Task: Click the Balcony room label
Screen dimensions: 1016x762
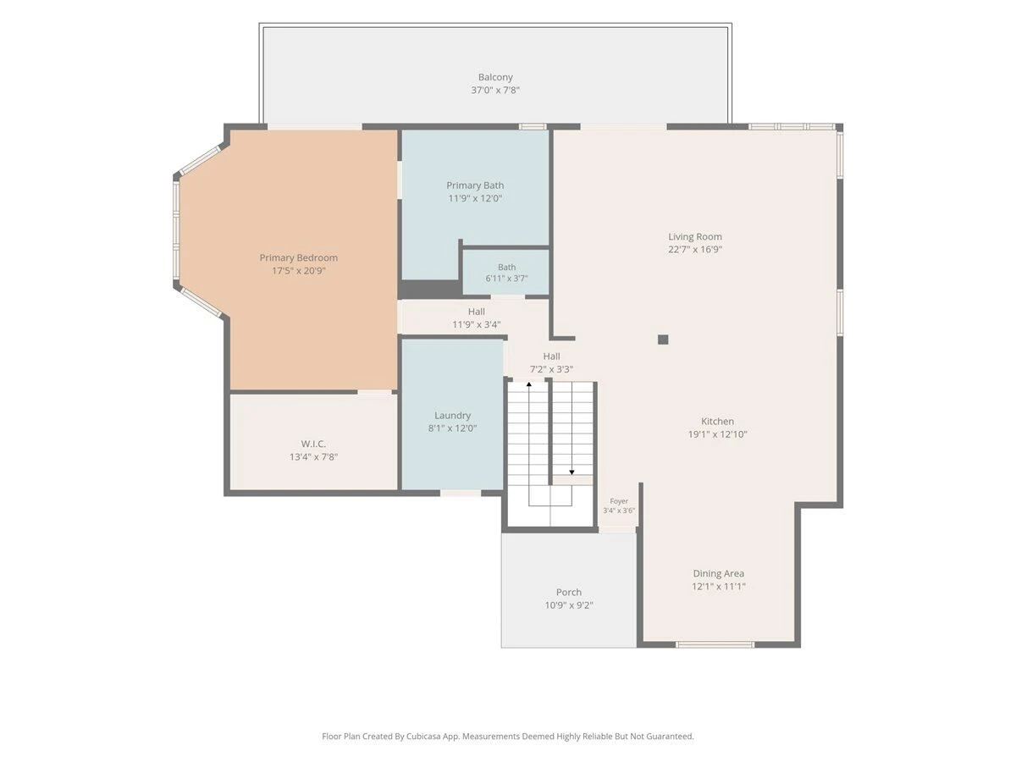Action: (x=494, y=77)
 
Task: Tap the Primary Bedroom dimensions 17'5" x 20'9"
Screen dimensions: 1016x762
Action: (x=299, y=271)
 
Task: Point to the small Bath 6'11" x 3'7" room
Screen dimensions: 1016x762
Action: (x=506, y=273)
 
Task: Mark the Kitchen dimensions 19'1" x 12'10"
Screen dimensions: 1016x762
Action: (x=717, y=434)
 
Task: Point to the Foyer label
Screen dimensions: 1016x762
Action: (x=619, y=501)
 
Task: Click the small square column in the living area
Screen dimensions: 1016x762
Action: (x=663, y=340)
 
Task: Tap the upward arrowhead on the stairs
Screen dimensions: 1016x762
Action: (x=528, y=384)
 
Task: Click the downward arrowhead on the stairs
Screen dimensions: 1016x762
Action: (x=571, y=472)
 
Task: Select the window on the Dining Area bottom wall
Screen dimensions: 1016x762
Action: (x=715, y=644)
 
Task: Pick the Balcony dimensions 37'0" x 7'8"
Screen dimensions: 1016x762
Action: (x=494, y=91)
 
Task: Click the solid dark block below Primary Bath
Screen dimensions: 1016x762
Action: (x=430, y=290)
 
